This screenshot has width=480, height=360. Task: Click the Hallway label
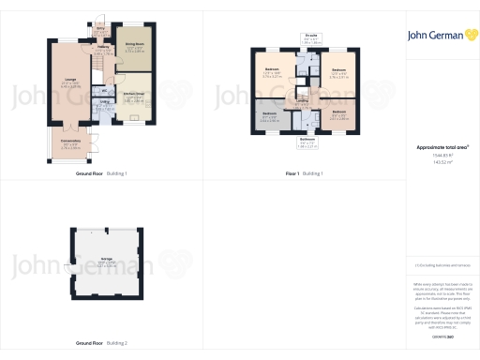pos(103,51)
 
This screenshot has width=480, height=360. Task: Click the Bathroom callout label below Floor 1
pos(307,139)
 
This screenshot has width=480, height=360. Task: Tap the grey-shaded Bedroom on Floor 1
pos(270,116)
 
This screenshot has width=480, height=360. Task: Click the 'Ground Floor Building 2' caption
pos(101,344)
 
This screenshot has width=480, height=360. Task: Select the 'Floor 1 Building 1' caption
pos(305,173)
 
